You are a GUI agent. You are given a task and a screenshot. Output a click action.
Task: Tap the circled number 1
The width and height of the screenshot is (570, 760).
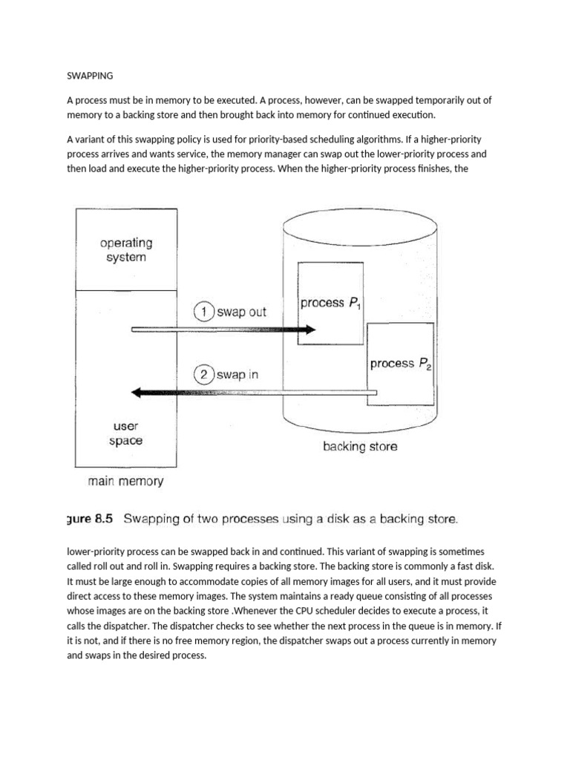tap(203, 312)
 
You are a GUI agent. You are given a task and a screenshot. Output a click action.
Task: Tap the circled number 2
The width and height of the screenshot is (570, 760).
tap(203, 375)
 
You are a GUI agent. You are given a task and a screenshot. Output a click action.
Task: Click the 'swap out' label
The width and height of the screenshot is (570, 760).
tap(242, 312)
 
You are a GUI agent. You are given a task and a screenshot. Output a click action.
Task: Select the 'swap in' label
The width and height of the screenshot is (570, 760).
tap(238, 375)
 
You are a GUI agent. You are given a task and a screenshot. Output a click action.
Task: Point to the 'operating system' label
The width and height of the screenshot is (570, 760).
tap(126, 250)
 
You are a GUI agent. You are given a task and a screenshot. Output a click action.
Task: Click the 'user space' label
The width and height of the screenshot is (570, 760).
tap(127, 433)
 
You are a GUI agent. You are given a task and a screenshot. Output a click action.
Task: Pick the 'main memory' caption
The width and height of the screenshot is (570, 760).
tap(125, 481)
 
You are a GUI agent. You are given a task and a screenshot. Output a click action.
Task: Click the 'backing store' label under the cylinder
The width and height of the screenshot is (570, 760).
tap(360, 447)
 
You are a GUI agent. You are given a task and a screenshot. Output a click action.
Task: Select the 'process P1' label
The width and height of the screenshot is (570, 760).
tap(330, 304)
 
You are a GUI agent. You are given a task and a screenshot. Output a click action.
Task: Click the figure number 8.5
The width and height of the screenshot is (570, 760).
tap(99, 520)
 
